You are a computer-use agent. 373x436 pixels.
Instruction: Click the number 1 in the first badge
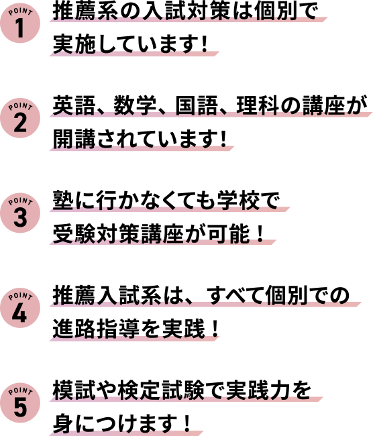click(19, 28)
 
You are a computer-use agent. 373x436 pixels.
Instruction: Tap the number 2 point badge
click(20, 118)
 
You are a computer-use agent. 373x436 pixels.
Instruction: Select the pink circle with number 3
click(20, 213)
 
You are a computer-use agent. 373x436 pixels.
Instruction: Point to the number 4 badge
click(20, 307)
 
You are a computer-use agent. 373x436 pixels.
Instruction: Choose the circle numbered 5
click(20, 402)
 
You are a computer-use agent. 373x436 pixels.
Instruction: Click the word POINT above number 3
click(20, 201)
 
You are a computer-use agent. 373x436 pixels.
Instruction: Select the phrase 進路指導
click(96, 329)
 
